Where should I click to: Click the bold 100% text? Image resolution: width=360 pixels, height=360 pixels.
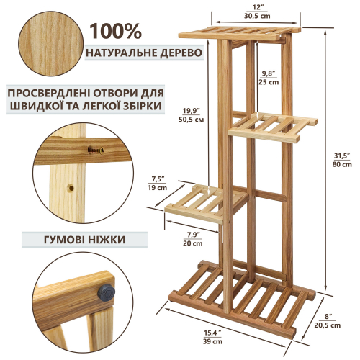(116, 31)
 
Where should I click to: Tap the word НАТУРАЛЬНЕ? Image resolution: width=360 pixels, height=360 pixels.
(120, 53)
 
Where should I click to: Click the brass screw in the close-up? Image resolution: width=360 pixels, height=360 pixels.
(96, 150)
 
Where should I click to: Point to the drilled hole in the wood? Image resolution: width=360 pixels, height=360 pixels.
(71, 188)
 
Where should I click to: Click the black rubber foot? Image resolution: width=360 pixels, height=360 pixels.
(106, 292)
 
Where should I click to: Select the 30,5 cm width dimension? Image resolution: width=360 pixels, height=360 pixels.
(257, 16)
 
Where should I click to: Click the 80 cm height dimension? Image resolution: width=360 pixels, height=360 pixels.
(342, 165)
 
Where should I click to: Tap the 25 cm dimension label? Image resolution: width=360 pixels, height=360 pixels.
(269, 82)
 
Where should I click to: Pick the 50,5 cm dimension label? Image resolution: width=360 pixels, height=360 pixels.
(192, 120)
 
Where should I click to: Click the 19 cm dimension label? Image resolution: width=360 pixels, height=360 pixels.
(158, 188)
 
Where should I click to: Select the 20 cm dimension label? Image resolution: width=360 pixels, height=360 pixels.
(193, 243)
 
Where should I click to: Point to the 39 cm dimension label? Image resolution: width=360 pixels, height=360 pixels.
(212, 341)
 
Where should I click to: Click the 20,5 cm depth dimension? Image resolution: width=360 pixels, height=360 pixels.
(328, 325)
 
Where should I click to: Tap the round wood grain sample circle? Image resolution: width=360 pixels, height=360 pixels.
(50, 44)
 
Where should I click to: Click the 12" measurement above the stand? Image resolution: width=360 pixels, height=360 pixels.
(257, 7)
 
